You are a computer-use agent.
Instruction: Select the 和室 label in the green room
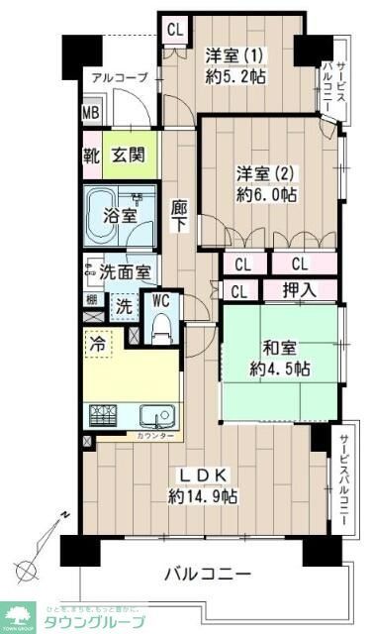[x=281, y=349]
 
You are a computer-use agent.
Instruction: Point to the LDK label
[x=202, y=475]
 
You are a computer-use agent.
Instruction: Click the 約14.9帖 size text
[x=202, y=495]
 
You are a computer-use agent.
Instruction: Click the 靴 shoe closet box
[x=90, y=155]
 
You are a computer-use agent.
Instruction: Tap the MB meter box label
[x=90, y=113]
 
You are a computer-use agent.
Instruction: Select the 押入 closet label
[x=301, y=290]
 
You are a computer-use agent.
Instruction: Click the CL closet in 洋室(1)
[x=175, y=30]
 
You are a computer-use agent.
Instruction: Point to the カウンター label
[x=153, y=436]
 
